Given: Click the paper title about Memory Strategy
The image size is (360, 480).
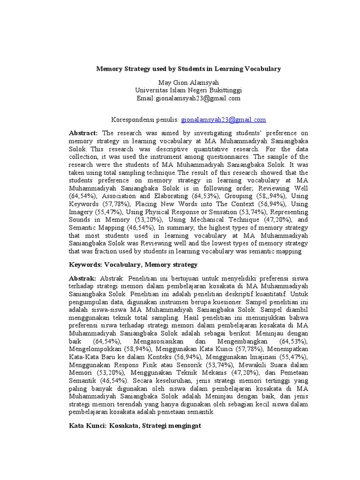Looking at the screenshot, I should pos(188,68).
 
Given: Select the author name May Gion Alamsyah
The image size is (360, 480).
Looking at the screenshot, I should pos(188,83).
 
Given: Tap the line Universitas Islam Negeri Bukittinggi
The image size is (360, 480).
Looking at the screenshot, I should pos(188,90).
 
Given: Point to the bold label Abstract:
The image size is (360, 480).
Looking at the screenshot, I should pos(83,133).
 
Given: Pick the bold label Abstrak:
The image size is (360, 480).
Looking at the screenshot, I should pos(82,278).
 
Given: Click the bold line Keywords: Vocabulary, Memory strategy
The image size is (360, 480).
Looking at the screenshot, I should pos(133,265).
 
